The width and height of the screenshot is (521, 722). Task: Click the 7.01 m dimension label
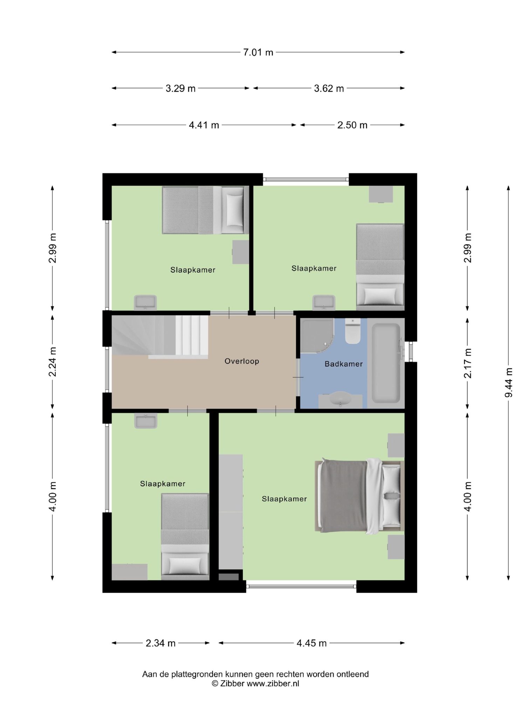pos(258,52)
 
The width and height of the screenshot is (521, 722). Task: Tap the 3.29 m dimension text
pos(180,88)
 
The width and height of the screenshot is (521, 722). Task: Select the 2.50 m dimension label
pos(352,125)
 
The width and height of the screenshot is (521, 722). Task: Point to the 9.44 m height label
pos(508,382)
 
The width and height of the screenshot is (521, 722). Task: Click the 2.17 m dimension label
pos(467,363)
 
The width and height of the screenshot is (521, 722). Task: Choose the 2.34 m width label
pos(160,643)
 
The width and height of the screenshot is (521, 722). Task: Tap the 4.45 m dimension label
pos(311,643)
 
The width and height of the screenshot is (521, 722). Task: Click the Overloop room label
pos(242,361)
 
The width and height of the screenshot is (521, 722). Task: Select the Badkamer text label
pos(344,364)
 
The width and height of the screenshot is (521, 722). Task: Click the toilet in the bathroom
pos(353,331)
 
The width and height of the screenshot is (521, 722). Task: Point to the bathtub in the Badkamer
pos(386,363)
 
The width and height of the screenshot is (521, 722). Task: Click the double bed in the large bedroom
pos(359,496)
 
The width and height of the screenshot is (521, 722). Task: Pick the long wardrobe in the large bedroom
pos(231,512)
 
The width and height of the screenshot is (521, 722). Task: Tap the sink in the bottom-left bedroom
pos(145,421)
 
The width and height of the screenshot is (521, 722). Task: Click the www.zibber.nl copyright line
pos(255,684)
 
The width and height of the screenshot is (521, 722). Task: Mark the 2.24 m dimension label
pos(53,362)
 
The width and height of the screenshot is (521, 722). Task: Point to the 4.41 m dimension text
pos(204,125)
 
